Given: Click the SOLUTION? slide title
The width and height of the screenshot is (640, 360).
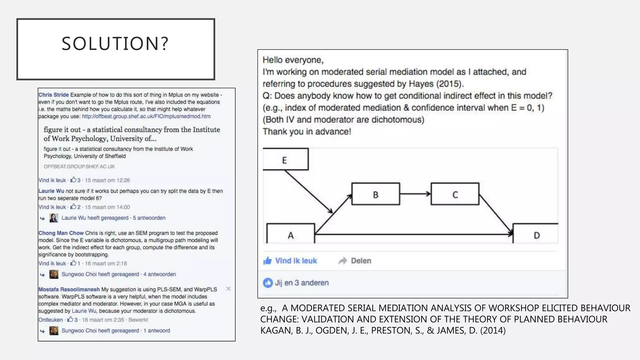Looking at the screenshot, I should pyautogui.click(x=115, y=43).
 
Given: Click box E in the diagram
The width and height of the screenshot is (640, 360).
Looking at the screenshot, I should pyautogui.click(x=285, y=159).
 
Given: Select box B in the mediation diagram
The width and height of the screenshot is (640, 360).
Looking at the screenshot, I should pyautogui.click(x=376, y=194).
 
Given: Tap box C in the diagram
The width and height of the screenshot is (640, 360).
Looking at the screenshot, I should pyautogui.click(x=455, y=194).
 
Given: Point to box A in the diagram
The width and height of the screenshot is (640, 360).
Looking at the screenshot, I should pyautogui.click(x=291, y=234).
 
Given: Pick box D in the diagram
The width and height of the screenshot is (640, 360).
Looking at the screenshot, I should pyautogui.click(x=536, y=234).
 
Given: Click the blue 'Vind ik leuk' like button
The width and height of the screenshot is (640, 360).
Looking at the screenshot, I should pyautogui.click(x=290, y=261).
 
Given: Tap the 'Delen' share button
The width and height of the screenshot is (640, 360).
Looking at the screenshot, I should pyautogui.click(x=355, y=261).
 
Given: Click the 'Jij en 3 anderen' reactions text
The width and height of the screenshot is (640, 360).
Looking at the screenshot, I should pyautogui.click(x=302, y=283).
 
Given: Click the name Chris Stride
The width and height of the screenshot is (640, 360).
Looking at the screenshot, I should pyautogui.click(x=53, y=95).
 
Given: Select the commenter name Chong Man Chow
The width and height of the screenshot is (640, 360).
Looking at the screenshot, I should pyautogui.click(x=61, y=233).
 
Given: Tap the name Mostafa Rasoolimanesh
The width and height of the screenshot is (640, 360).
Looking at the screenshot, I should pyautogui.click(x=69, y=289).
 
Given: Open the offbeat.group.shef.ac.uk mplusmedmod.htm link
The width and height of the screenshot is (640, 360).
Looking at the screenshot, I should pyautogui.click(x=146, y=116).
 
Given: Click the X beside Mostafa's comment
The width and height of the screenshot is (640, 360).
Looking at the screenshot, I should pyautogui.click(x=228, y=289).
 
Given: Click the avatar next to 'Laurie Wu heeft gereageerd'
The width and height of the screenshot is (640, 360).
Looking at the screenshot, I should pyautogui.click(x=54, y=218).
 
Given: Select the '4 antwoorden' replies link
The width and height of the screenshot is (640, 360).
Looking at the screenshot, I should pyautogui.click(x=159, y=274).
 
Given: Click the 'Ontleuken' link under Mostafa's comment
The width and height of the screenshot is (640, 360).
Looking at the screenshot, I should pyautogui.click(x=51, y=320).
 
